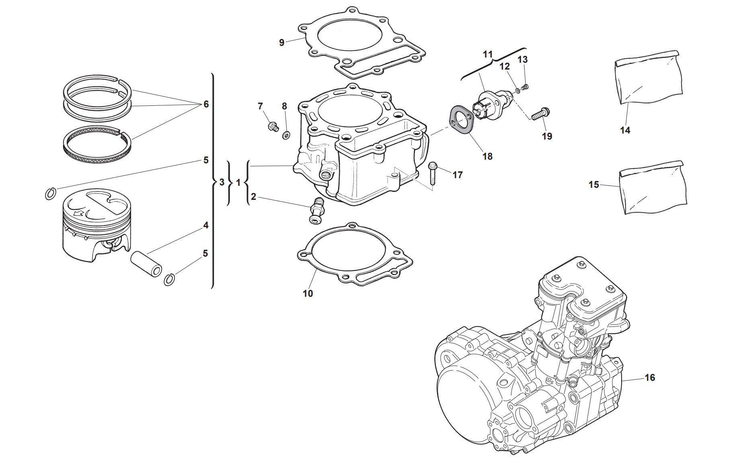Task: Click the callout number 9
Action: click(x=281, y=42)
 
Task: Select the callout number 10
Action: click(x=308, y=294)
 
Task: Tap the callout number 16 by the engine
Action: click(x=650, y=378)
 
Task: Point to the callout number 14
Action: click(x=625, y=130)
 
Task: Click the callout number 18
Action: click(x=487, y=156)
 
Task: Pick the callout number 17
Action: click(x=458, y=175)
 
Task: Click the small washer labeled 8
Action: click(x=286, y=134)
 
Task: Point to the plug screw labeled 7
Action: click(x=273, y=126)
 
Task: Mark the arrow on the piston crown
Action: click(x=80, y=214)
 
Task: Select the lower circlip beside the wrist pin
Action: click(x=170, y=279)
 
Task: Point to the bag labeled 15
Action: click(x=651, y=187)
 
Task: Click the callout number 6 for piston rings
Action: click(x=206, y=104)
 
